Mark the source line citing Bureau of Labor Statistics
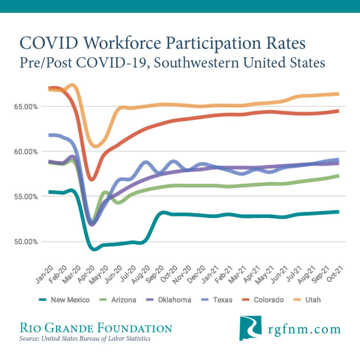point(85,338)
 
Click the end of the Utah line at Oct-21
point(337,94)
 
